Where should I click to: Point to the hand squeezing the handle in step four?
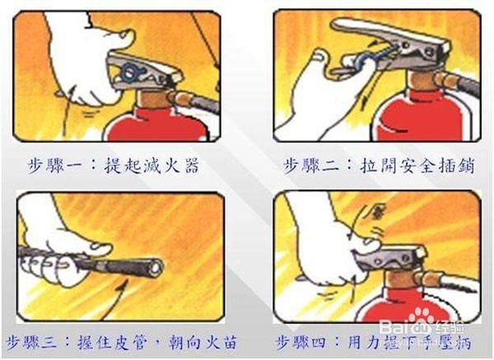(x=329, y=255)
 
